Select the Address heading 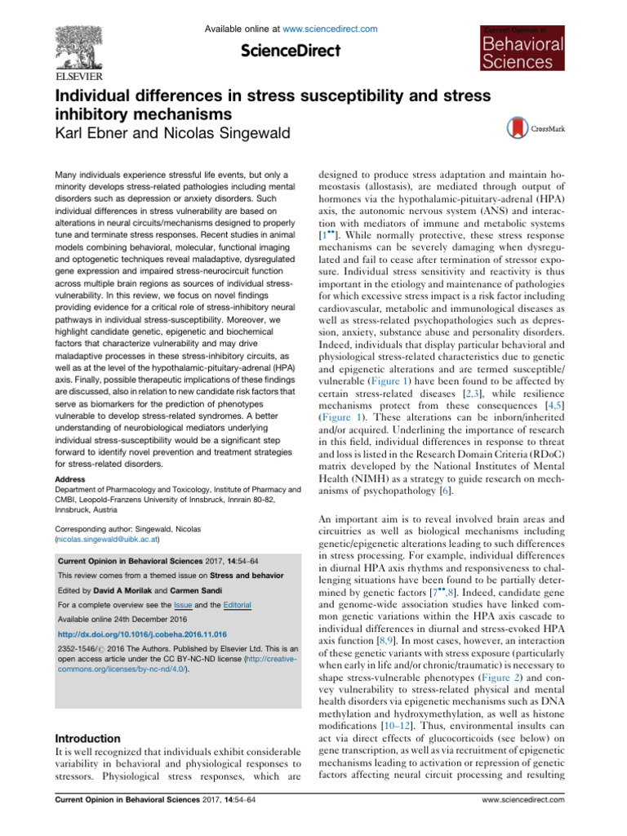tap(73, 478)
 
